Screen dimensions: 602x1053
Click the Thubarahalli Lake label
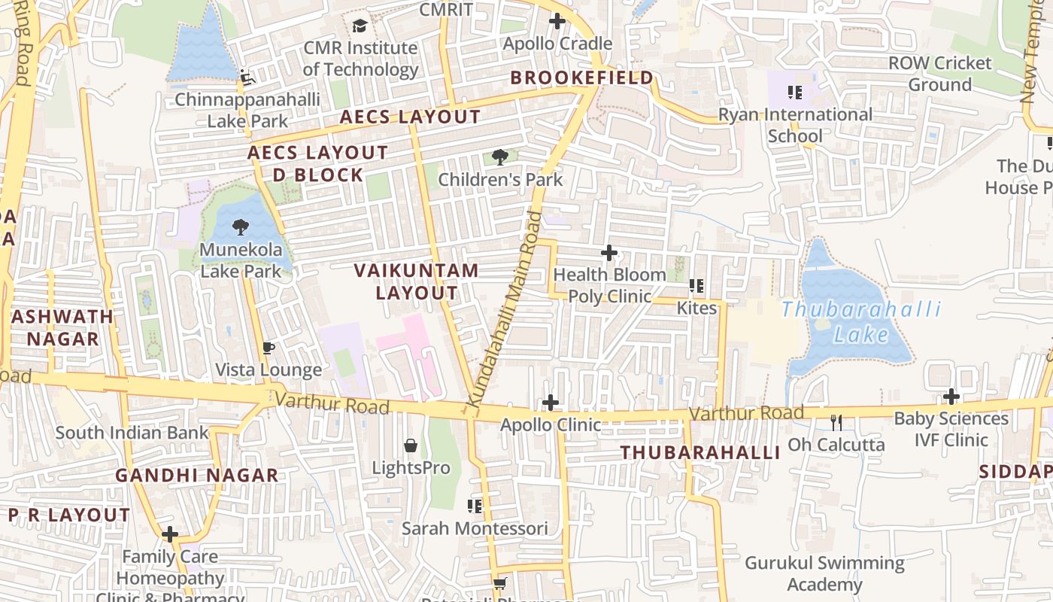[861, 321]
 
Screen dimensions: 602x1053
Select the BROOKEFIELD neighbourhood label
[581, 78]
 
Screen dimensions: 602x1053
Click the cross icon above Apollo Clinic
[551, 403]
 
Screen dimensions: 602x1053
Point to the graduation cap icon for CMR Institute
[360, 26]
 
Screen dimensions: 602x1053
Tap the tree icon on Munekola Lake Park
[241, 227]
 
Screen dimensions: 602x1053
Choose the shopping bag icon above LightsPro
[411, 445]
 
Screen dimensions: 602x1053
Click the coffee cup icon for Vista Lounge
[268, 348]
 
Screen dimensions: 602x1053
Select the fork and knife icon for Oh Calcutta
[836, 422]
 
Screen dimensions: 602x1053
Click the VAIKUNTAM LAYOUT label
[416, 281]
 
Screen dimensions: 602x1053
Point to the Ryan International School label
[795, 125]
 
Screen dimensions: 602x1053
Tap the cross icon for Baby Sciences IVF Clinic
[951, 397]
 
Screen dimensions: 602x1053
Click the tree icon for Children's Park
[499, 157]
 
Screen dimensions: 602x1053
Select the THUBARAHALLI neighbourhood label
[699, 452]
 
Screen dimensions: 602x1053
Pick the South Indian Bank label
[132, 433]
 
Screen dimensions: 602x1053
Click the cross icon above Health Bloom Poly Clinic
[609, 253]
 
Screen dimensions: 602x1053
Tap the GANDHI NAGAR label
[196, 476]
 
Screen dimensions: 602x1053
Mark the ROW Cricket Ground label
[940, 74]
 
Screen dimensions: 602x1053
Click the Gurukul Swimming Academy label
[824, 573]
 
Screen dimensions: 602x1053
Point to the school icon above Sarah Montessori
[475, 506]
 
